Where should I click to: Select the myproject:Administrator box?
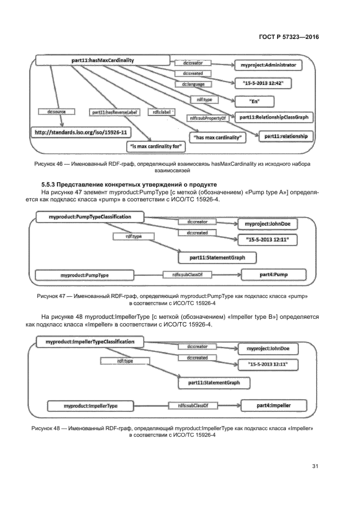click(x=268, y=65)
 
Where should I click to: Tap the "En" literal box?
click(x=254, y=101)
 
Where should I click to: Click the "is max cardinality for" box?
click(x=156, y=146)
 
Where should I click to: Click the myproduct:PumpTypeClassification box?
click(x=90, y=217)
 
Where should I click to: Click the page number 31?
click(x=315, y=466)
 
